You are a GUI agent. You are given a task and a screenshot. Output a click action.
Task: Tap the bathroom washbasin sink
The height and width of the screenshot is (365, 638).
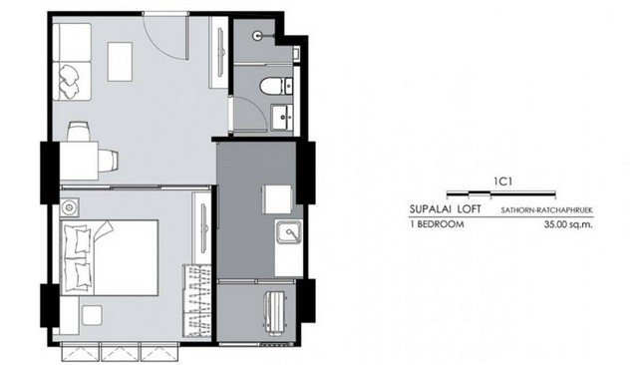282,118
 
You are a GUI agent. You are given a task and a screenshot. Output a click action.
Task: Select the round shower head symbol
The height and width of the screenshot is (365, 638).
257,35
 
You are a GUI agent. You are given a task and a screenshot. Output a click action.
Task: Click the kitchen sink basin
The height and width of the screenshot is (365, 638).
288,233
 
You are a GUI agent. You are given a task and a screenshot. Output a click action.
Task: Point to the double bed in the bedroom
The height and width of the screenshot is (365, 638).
109,257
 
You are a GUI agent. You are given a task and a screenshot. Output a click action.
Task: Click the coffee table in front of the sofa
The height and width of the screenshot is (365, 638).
120,62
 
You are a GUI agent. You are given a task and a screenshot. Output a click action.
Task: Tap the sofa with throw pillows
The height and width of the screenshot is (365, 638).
72,62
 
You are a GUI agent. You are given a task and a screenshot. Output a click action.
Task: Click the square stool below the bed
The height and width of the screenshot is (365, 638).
92,315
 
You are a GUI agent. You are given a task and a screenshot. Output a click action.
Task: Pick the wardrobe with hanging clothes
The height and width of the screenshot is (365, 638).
197,301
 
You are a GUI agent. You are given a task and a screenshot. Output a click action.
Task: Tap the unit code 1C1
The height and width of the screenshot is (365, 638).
502,182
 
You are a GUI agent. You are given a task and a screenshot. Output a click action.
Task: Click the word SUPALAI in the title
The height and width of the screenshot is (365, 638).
432,209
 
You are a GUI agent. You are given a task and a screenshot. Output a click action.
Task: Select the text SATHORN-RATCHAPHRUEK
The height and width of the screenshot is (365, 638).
546,210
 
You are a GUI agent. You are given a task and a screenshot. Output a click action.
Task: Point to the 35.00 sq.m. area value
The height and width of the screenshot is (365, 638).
568,223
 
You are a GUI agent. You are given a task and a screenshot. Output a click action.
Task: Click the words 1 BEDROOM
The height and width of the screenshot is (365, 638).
437,223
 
